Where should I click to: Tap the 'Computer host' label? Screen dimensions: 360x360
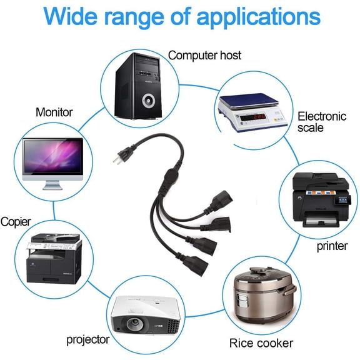point(204,56)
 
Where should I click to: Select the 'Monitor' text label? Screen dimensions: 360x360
point(54,112)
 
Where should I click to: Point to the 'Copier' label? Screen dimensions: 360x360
point(16,222)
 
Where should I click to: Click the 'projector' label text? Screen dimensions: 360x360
point(88,340)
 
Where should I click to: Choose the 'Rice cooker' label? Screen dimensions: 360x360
point(261,343)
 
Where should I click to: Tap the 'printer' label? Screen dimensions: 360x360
point(332,246)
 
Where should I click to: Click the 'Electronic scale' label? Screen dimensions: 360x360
point(322,122)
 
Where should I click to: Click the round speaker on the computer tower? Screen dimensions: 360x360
point(148,101)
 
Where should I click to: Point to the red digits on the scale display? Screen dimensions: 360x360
point(259,117)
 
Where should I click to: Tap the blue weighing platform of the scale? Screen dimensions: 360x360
point(249,101)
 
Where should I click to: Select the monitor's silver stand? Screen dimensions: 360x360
point(52,185)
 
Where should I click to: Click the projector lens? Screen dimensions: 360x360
point(134,324)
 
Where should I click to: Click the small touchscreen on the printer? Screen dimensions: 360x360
point(342,200)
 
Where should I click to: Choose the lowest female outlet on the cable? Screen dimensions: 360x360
point(196,266)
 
